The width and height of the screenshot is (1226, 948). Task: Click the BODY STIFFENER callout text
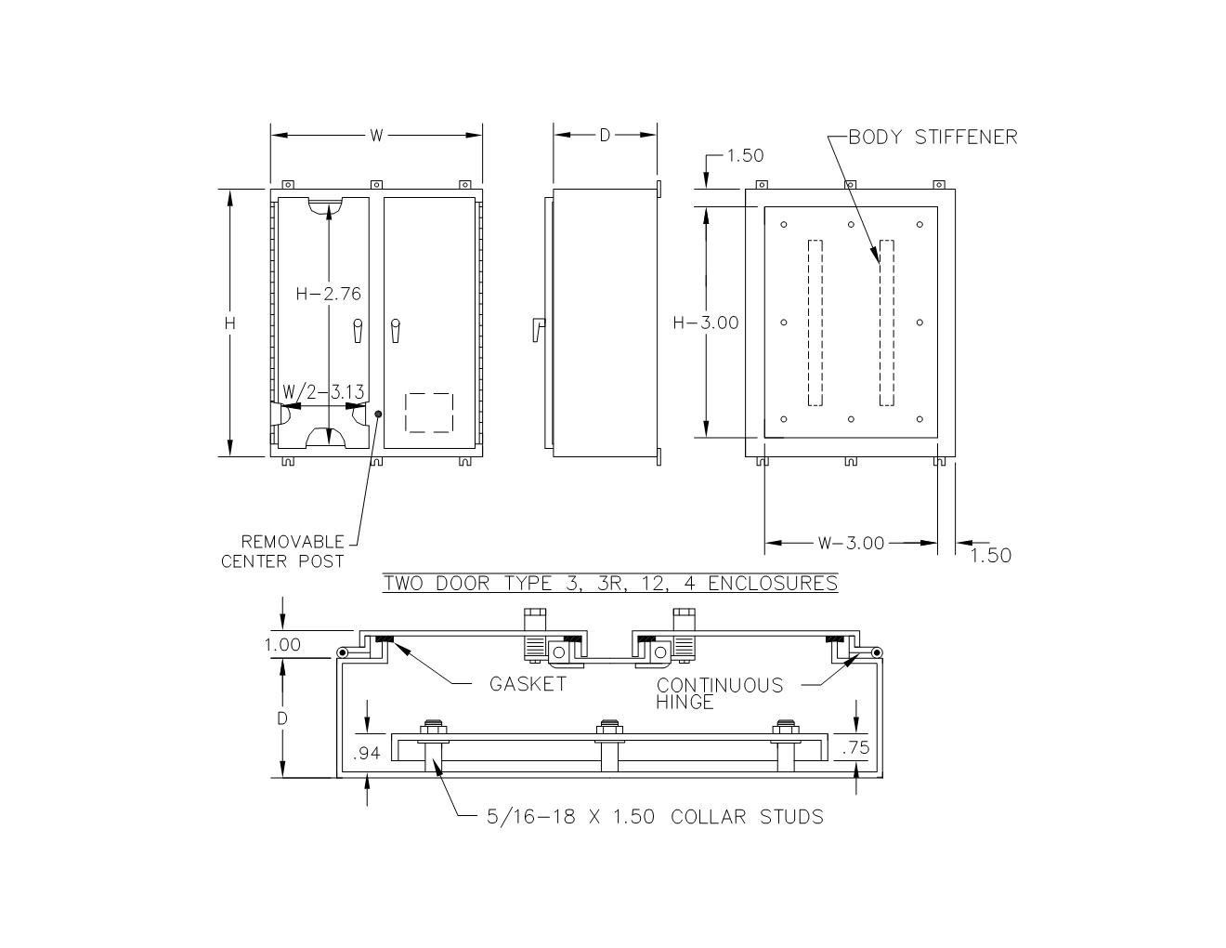(933, 138)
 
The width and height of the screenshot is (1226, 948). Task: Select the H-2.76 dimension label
(329, 294)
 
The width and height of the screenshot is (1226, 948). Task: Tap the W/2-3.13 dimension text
(323, 391)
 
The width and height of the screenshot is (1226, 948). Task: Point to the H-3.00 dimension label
(706, 323)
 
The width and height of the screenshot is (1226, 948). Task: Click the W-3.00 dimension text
(852, 543)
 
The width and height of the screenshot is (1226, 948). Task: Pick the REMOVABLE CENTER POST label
(282, 552)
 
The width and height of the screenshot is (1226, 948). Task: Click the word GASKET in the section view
(528, 684)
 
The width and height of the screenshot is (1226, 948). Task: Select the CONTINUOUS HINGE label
(720, 693)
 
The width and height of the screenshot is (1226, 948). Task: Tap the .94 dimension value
(366, 753)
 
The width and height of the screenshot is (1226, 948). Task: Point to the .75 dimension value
(856, 747)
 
